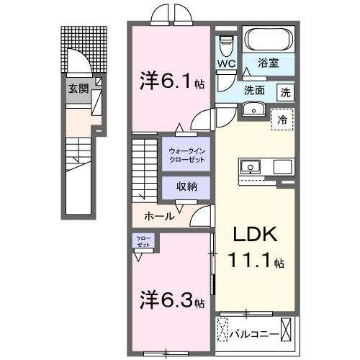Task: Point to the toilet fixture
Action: [x=227, y=42]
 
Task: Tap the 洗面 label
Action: [x=253, y=91]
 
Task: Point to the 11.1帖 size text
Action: [x=253, y=262]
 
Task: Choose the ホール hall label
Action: [x=158, y=215]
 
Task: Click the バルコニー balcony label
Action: [x=253, y=333]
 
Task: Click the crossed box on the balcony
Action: [x=287, y=332]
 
